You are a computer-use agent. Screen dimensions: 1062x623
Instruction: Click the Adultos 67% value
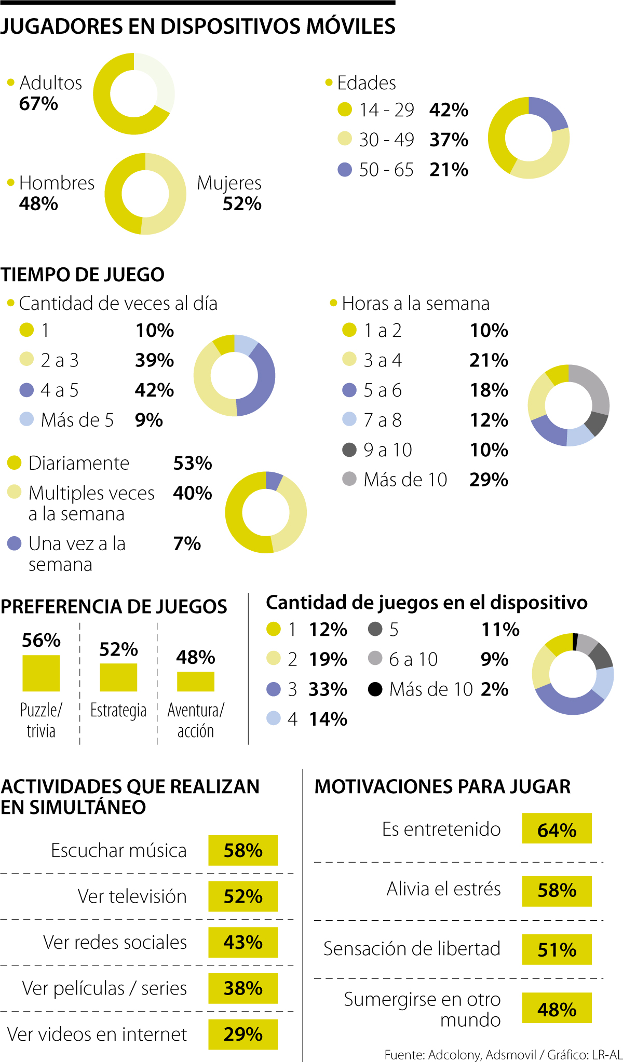38,104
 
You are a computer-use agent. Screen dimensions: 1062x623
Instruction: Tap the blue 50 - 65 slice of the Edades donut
550,113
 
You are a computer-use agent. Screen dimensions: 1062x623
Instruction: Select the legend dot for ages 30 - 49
345,139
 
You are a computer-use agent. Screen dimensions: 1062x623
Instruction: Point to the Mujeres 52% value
242,204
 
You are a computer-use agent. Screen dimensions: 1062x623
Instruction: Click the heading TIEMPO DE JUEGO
83,275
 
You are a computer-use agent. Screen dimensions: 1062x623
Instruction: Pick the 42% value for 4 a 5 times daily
154,390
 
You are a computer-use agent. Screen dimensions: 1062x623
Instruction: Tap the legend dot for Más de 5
26,419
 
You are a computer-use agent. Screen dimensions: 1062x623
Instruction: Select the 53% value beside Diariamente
193,463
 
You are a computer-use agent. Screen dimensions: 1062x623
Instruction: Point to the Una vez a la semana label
76,554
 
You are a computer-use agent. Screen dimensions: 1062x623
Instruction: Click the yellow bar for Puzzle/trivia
41,673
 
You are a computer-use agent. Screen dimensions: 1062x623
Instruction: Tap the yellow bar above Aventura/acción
196,682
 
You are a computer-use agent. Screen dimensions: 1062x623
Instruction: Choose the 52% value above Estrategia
118,649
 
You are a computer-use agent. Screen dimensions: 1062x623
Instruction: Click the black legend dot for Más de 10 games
375,689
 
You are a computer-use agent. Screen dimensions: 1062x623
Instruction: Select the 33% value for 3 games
328,689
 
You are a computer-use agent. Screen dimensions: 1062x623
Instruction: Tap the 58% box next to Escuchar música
243,850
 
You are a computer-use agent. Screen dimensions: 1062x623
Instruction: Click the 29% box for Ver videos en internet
243,1034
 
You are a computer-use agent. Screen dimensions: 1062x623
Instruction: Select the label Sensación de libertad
412,949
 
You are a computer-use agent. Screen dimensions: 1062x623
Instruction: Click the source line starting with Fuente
503,1055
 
